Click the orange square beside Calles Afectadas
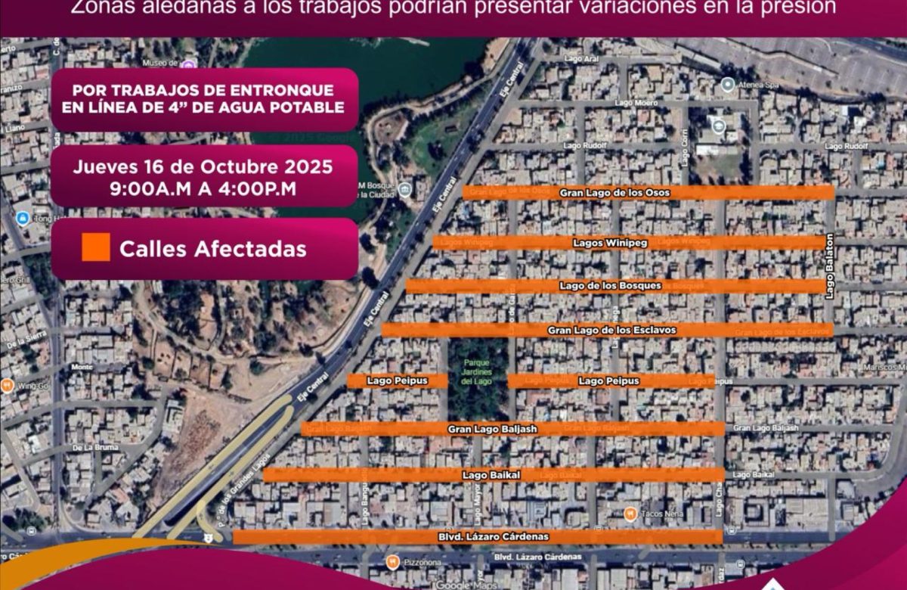pyautogui.click(x=96, y=247)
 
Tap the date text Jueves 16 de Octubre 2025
pyautogui.click(x=203, y=166)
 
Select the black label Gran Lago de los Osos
pyautogui.click(x=614, y=193)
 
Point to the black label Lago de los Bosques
pyautogui.click(x=611, y=286)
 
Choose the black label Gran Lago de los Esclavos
pyautogui.click(x=611, y=330)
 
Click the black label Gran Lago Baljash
pyautogui.click(x=492, y=429)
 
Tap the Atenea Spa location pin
pyautogui.click(x=728, y=84)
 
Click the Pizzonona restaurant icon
pyautogui.click(x=392, y=562)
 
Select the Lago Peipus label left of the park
pyautogui.click(x=391, y=380)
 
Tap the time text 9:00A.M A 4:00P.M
pyautogui.click(x=203, y=189)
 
